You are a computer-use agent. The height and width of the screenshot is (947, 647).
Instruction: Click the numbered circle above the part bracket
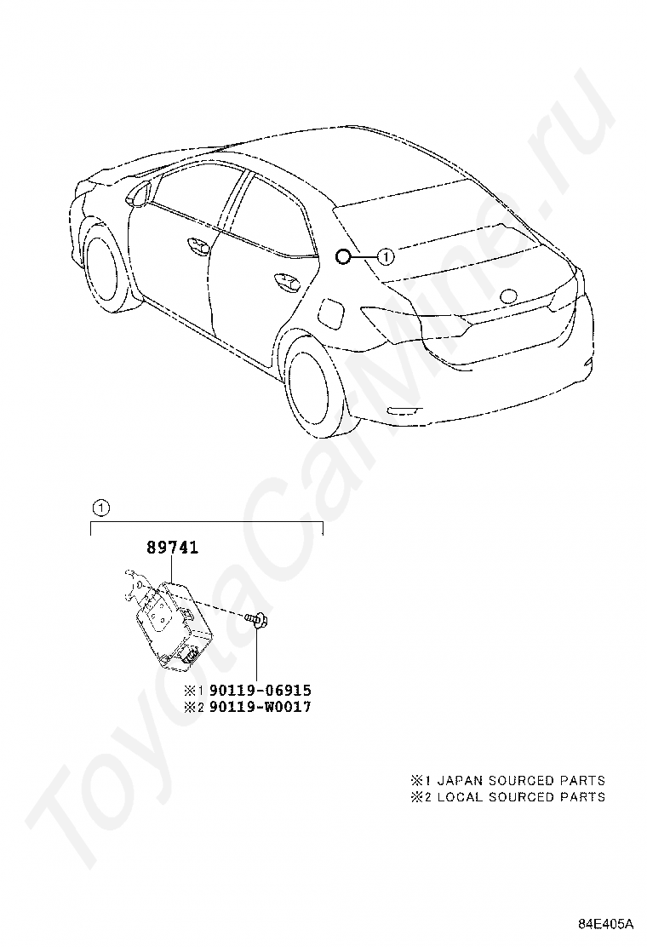(x=101, y=508)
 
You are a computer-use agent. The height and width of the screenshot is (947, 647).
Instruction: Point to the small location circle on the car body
(x=342, y=255)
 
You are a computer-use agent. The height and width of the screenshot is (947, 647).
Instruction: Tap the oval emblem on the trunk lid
(x=508, y=296)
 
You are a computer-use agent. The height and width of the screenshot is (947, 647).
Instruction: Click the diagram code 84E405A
(x=606, y=924)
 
